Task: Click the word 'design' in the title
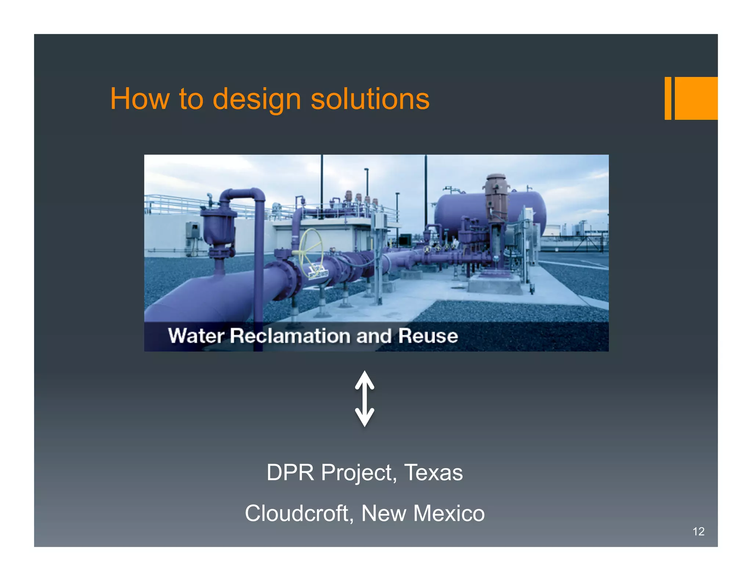257,99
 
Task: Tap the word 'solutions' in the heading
370,99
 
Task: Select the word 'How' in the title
140,99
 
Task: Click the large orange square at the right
696,98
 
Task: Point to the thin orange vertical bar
668,98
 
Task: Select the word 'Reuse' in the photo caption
428,336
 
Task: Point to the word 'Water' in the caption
196,336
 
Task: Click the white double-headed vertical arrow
364,398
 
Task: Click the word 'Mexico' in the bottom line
449,513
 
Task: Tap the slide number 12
698,531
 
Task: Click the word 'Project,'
359,473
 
